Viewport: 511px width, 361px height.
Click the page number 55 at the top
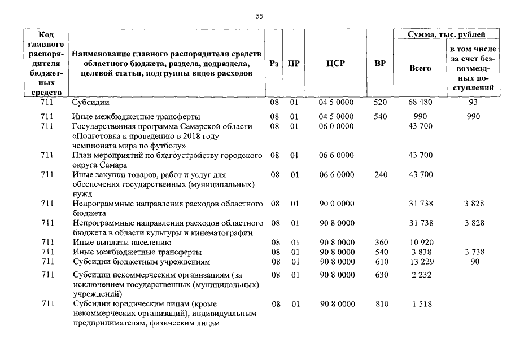(259, 16)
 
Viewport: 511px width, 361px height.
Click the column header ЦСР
(335, 64)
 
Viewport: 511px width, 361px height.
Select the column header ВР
(380, 64)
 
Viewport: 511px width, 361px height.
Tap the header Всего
(420, 68)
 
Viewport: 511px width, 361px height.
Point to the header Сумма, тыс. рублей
(447, 35)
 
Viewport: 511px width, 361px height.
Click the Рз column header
(274, 64)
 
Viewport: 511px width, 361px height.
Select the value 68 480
(420, 103)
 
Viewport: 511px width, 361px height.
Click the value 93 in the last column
(473, 103)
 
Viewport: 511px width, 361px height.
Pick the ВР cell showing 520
(381, 103)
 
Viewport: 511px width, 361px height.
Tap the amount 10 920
(420, 243)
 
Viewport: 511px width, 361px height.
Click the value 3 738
(474, 252)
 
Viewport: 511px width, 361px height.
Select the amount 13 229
(420, 262)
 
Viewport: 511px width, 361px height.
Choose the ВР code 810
(382, 304)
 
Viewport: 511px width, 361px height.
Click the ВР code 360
(381, 243)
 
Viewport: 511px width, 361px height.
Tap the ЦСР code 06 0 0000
(336, 126)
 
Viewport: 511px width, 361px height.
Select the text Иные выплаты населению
(118, 243)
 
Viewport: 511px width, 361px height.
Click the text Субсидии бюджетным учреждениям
(141, 262)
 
